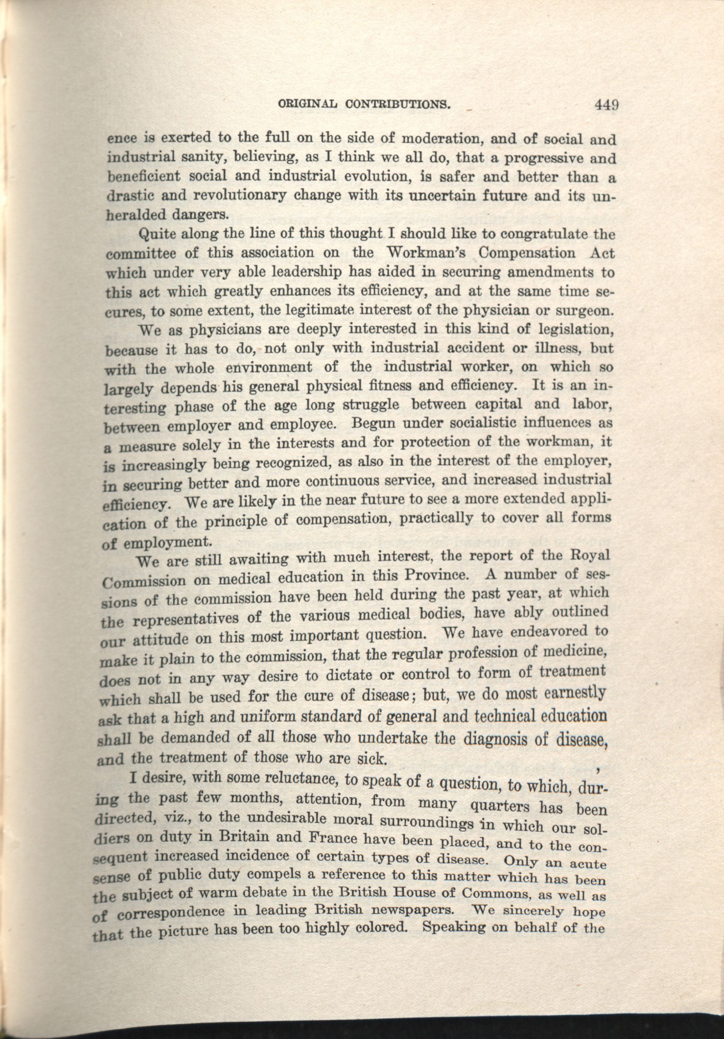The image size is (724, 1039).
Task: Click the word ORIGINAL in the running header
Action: pyautogui.click(x=311, y=106)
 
